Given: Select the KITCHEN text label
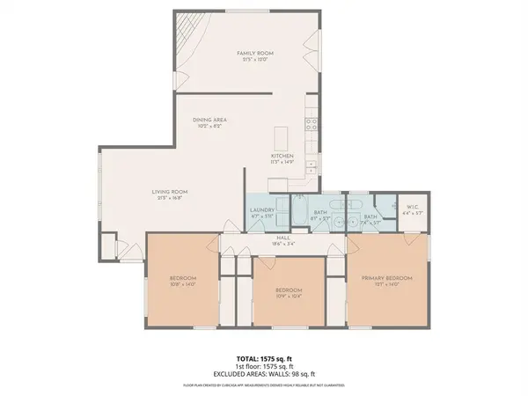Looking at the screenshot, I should pyautogui.click(x=282, y=155).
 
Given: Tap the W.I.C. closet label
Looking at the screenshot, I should pyautogui.click(x=406, y=209).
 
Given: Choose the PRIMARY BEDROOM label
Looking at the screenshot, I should pyautogui.click(x=386, y=277).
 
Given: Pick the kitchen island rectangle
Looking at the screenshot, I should pyautogui.click(x=282, y=138).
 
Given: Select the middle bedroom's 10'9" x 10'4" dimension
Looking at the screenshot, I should pyautogui.click(x=289, y=296).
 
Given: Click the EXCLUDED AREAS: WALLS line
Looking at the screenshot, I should pyautogui.click(x=264, y=375).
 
